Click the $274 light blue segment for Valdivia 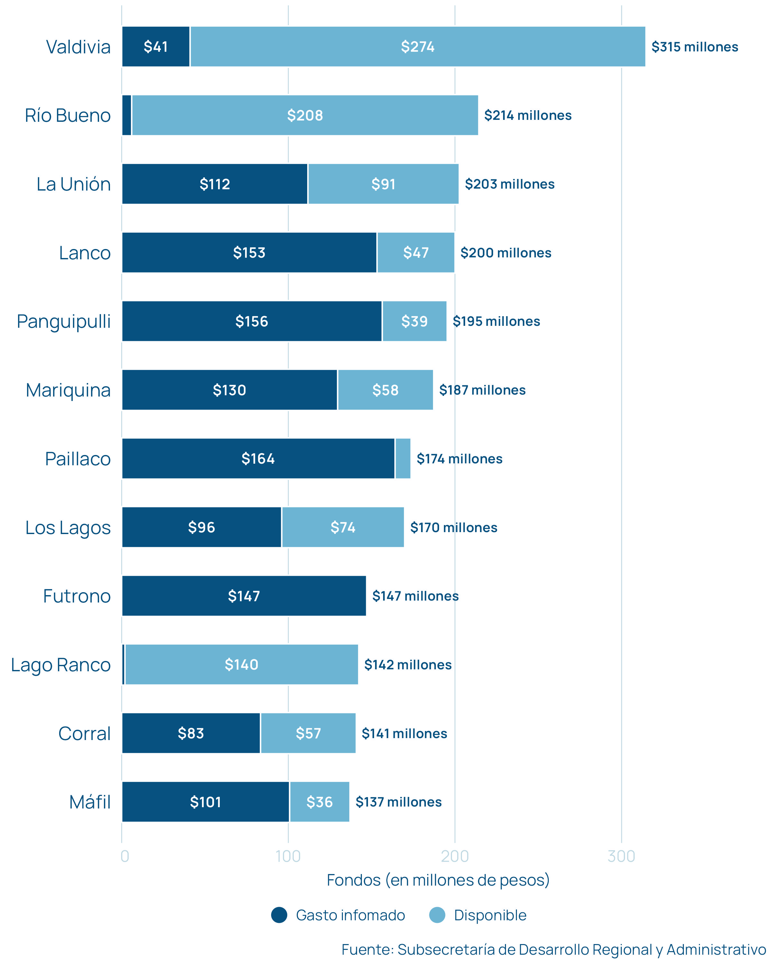417,47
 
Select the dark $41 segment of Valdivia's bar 155,47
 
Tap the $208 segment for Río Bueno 305,115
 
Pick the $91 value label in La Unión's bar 383,184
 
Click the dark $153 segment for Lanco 249,253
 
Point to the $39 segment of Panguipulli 414,321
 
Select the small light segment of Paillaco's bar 403,458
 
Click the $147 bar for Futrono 244,595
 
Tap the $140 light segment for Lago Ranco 241,665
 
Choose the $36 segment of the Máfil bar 319,802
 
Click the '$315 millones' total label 694,47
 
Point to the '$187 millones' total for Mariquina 482,390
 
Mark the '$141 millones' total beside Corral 404,733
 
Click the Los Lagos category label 68,528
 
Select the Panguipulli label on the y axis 64,321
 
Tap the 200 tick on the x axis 455,856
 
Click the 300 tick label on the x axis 621,856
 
